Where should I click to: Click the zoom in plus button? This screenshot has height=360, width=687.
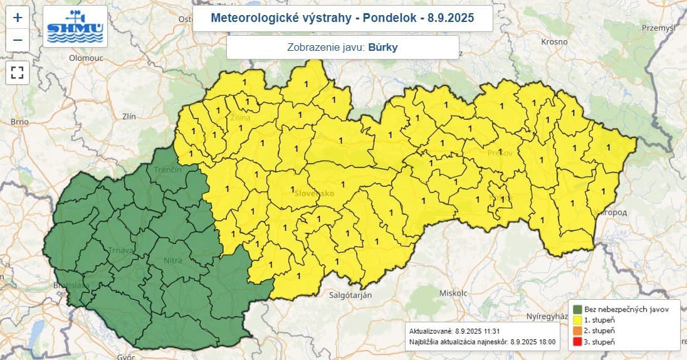[x=18, y=18]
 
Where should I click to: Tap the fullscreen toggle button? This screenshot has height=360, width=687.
[x=18, y=71]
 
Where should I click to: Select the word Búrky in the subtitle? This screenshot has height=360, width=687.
[x=383, y=47]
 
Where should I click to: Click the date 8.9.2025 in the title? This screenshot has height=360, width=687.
[x=451, y=18]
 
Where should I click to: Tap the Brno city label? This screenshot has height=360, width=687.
[x=20, y=122]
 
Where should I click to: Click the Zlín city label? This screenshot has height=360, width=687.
[x=130, y=117]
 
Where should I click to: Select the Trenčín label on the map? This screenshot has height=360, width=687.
[x=167, y=170]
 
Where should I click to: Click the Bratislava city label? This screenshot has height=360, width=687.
[x=71, y=285]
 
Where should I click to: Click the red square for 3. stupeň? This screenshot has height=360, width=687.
[x=577, y=341]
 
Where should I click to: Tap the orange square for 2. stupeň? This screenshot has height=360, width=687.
[x=577, y=330]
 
